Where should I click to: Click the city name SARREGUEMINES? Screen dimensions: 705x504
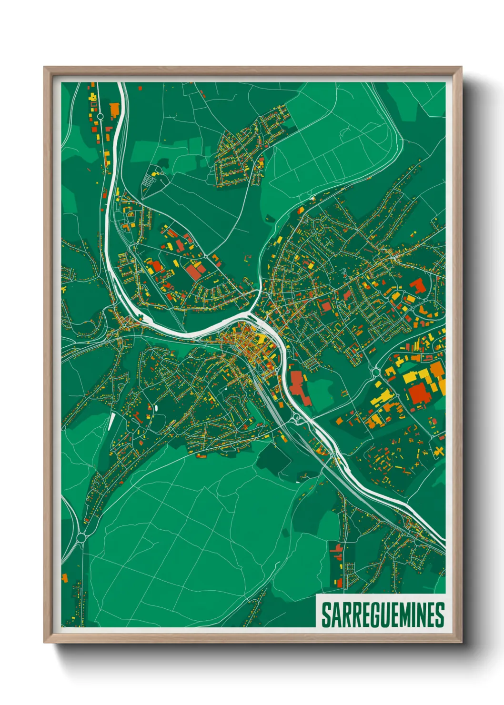[x=383, y=615]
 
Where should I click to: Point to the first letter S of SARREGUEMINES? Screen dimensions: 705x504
[x=326, y=615]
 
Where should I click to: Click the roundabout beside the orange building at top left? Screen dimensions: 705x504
[x=101, y=116]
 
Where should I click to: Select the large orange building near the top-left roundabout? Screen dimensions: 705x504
[x=114, y=110]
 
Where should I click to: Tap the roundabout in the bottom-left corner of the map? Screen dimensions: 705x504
[x=81, y=537]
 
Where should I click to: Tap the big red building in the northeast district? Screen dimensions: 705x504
[x=418, y=286]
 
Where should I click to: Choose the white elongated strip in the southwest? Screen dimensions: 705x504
[x=111, y=421]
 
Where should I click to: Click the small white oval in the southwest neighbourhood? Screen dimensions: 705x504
[x=155, y=408]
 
